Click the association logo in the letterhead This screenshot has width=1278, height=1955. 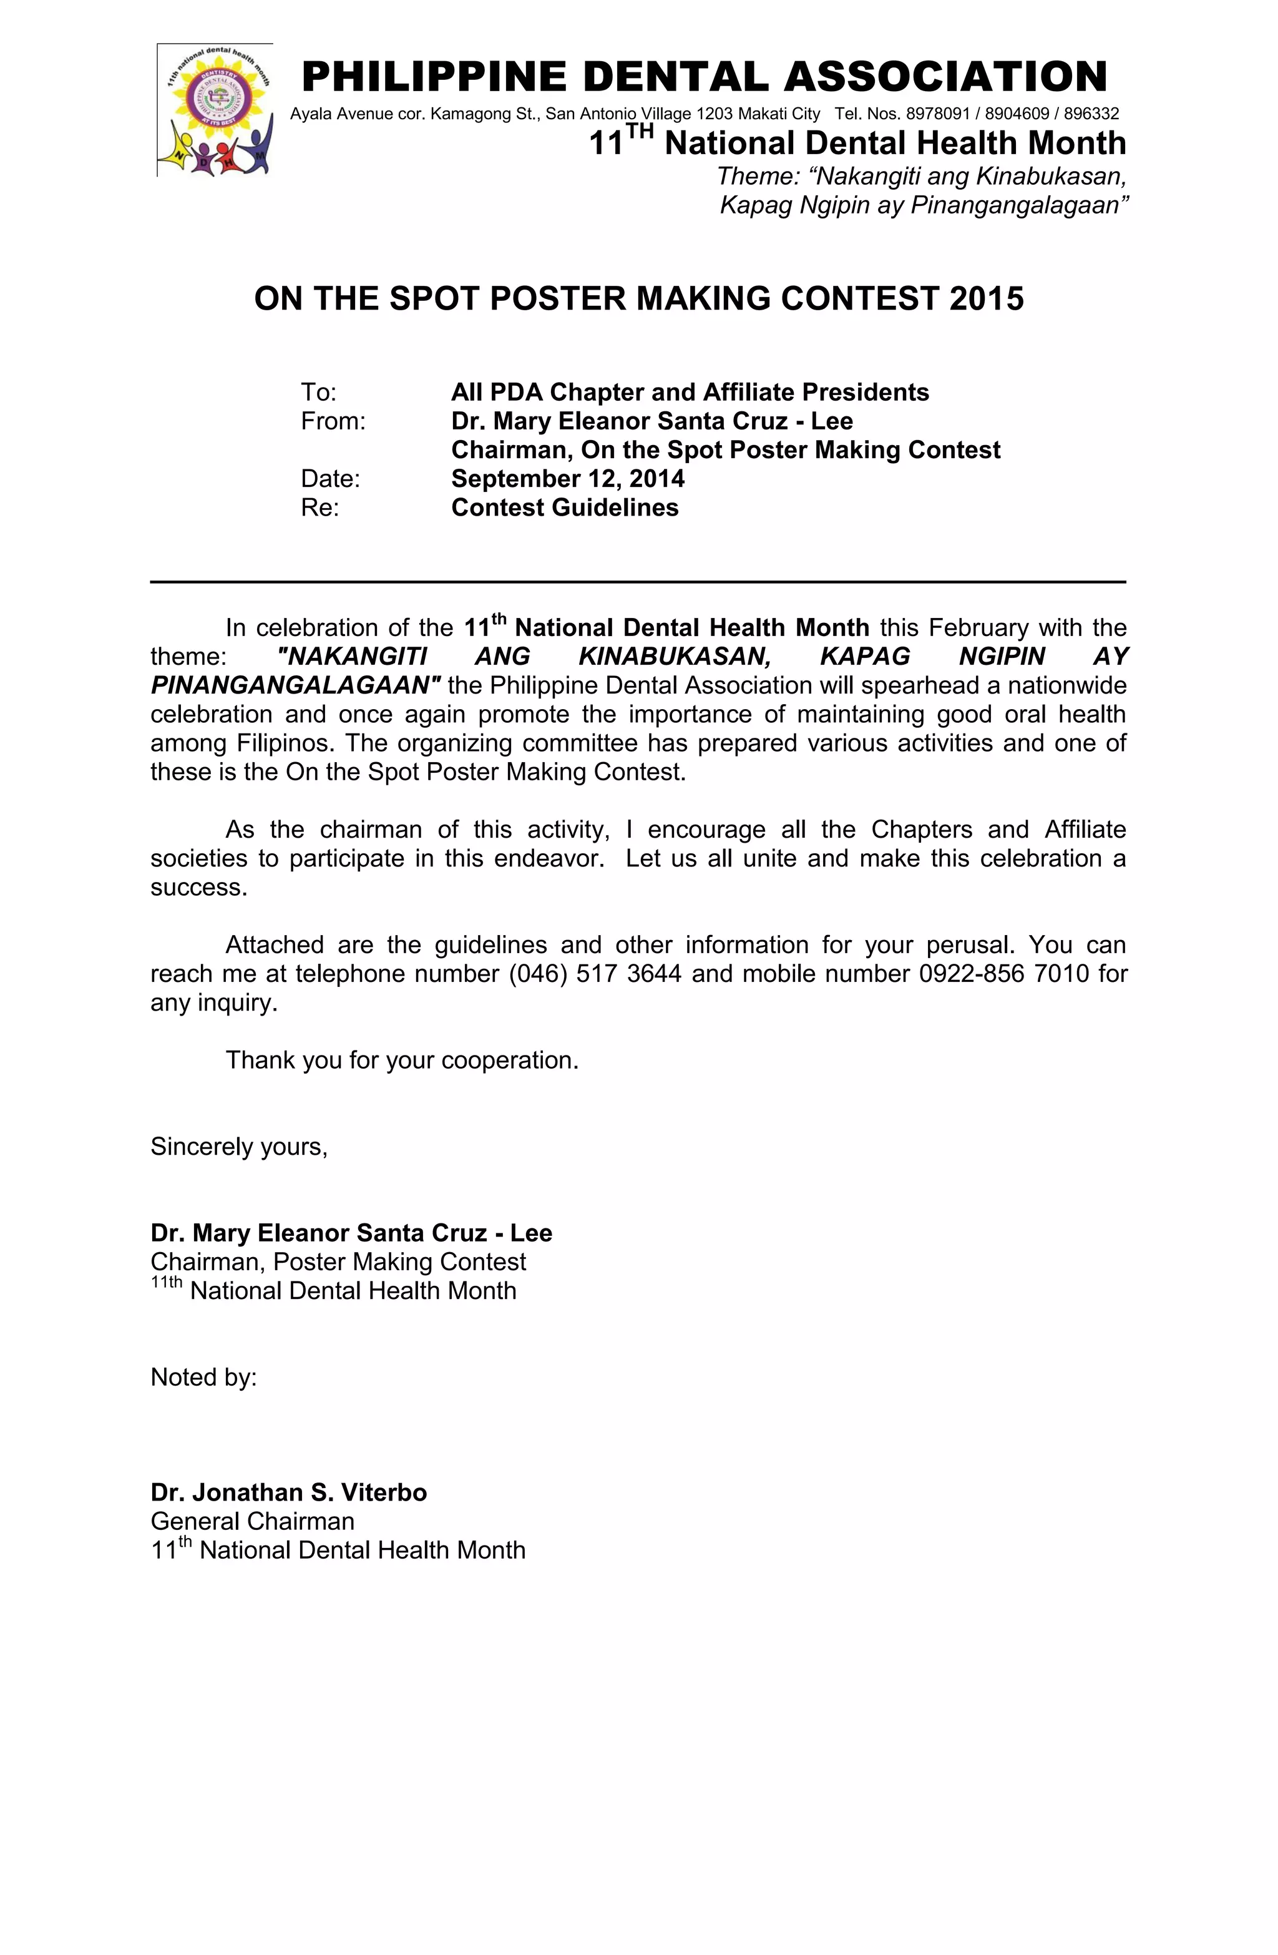[x=215, y=110]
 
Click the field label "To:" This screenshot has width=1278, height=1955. [x=319, y=393]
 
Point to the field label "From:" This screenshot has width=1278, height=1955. [x=333, y=421]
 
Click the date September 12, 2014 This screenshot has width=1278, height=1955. [x=567, y=479]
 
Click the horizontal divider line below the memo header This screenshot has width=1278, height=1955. [x=637, y=582]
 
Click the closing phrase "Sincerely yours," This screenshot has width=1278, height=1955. [x=239, y=1147]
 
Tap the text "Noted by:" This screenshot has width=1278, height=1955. [x=203, y=1378]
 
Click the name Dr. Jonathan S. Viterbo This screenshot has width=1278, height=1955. [x=288, y=1492]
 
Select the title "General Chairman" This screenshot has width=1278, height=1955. [x=252, y=1521]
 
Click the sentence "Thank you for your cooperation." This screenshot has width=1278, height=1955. [x=402, y=1061]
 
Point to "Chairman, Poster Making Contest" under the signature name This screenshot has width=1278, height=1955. [x=338, y=1262]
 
